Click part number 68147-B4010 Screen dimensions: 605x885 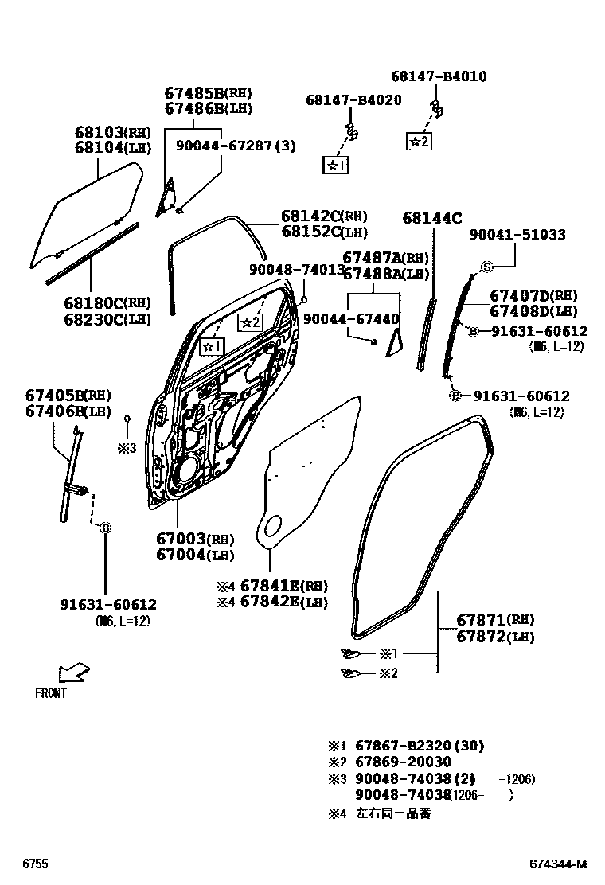pyautogui.click(x=439, y=77)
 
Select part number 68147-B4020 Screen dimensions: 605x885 pyautogui.click(x=353, y=100)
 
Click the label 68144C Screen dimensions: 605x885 pyautogui.click(x=432, y=217)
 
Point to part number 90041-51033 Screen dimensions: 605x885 pyautogui.click(x=517, y=235)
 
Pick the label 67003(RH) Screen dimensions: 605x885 pyautogui.click(x=193, y=540)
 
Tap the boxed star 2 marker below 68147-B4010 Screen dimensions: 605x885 pyautogui.click(x=419, y=142)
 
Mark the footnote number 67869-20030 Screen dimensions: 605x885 pyautogui.click(x=402, y=762)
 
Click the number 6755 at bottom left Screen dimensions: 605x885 pyautogui.click(x=34, y=864)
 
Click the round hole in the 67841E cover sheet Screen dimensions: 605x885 pyautogui.click(x=271, y=525)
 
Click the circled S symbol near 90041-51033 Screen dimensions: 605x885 pyautogui.click(x=487, y=267)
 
